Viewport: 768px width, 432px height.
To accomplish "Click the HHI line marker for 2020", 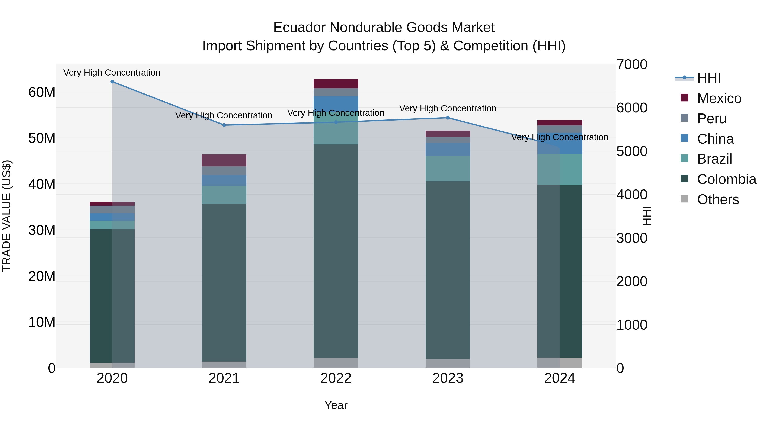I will click(112, 82).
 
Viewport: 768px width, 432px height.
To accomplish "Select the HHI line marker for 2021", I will click(224, 125).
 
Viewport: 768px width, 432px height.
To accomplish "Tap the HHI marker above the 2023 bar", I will click(448, 118).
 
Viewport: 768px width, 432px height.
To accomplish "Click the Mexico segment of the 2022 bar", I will click(336, 84).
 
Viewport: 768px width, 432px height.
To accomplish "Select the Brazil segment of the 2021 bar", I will click(224, 195).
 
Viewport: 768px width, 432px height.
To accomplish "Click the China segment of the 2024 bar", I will click(560, 143).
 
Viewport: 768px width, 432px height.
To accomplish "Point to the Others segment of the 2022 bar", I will click(336, 363).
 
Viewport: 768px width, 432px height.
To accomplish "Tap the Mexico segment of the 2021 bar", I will click(224, 160).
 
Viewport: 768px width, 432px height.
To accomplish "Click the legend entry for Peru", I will click(712, 119).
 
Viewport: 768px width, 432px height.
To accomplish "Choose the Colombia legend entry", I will click(726, 179).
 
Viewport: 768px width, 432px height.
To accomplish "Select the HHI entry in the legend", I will click(709, 78).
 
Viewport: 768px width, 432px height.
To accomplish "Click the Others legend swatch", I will click(685, 199).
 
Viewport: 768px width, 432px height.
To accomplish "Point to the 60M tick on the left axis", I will click(42, 92).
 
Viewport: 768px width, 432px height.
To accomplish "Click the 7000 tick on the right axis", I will click(632, 65).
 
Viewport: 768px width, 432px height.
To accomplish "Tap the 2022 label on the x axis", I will click(336, 378).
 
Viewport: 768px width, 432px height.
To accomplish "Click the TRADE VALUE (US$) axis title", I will click(7, 216).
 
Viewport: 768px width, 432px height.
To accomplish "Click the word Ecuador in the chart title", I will click(299, 28).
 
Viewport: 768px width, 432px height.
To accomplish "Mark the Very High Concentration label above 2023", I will click(448, 109).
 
